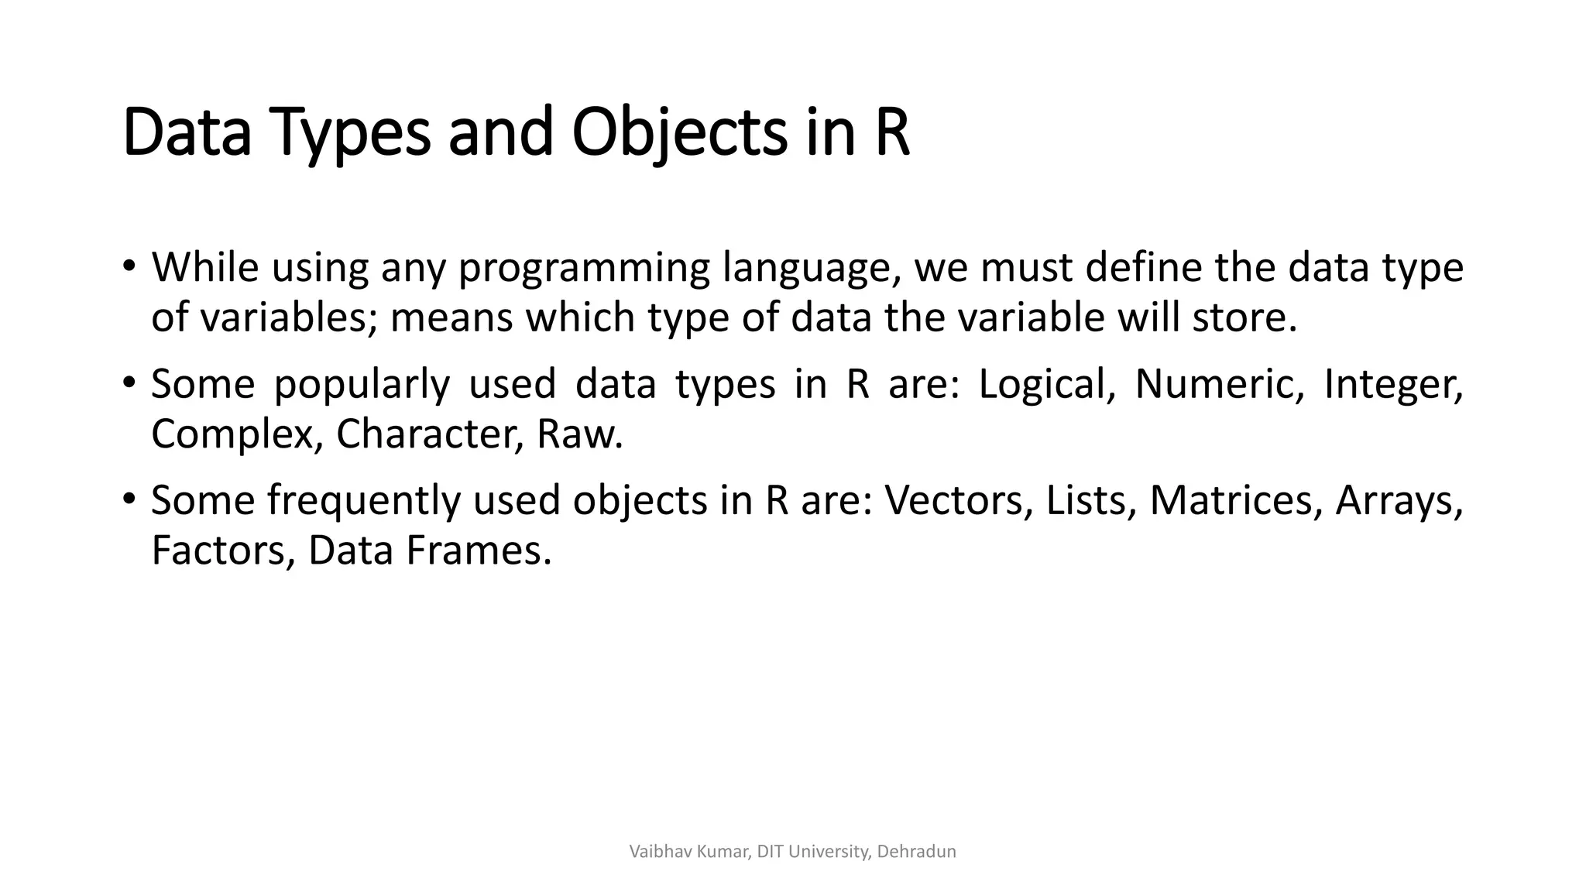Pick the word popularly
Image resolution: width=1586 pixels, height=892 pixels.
pyautogui.click(x=362, y=385)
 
